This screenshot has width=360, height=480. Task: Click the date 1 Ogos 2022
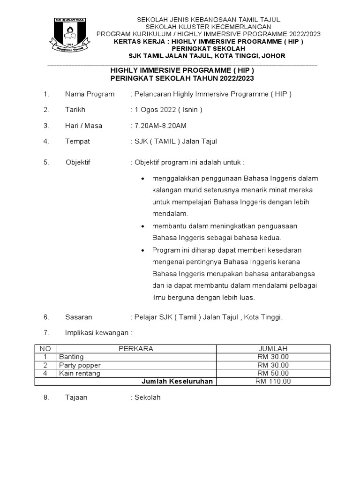[155, 110]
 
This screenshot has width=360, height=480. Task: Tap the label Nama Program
[90, 94]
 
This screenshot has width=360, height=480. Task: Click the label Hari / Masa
[83, 126]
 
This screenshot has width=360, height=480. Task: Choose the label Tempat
[77, 141]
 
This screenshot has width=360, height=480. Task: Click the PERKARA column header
[136, 349]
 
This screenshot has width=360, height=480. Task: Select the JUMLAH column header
[273, 349]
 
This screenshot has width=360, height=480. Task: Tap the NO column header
[45, 349]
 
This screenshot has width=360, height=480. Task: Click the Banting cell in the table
[71, 357]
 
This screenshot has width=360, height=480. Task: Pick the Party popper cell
[80, 365]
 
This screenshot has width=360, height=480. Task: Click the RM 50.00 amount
[273, 373]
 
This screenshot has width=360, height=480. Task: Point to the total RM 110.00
[273, 381]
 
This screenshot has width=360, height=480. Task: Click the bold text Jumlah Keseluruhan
[177, 381]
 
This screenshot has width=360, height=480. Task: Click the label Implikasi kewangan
[98, 332]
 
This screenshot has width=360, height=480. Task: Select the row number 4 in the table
[45, 373]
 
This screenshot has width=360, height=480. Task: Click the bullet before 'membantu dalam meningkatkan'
[142, 226]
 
